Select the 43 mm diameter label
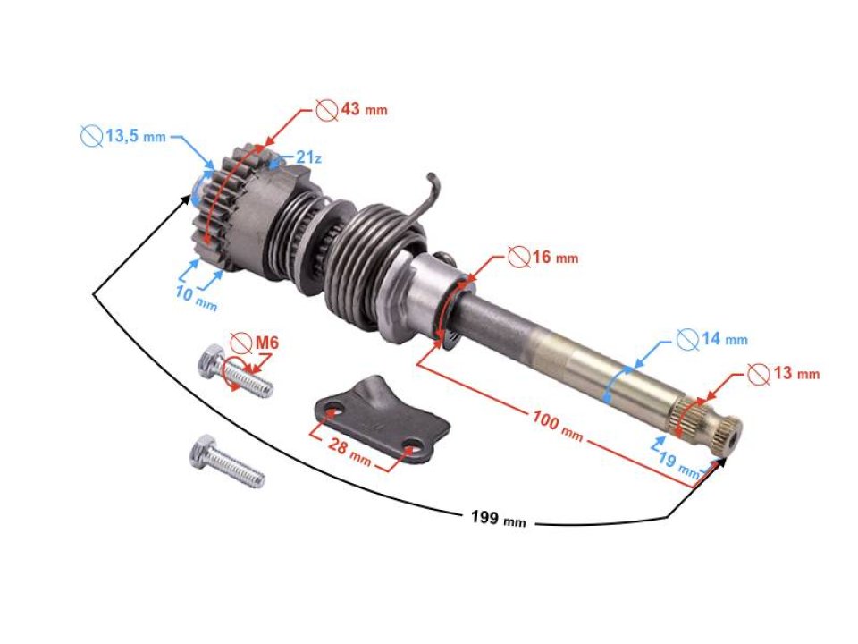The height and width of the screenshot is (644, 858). [362, 109]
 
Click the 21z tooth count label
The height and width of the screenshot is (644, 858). [308, 157]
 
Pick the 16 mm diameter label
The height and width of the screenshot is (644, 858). [553, 258]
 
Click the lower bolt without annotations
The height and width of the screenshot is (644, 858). [223, 462]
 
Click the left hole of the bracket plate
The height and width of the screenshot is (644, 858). [333, 413]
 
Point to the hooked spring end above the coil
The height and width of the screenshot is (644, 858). [435, 186]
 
